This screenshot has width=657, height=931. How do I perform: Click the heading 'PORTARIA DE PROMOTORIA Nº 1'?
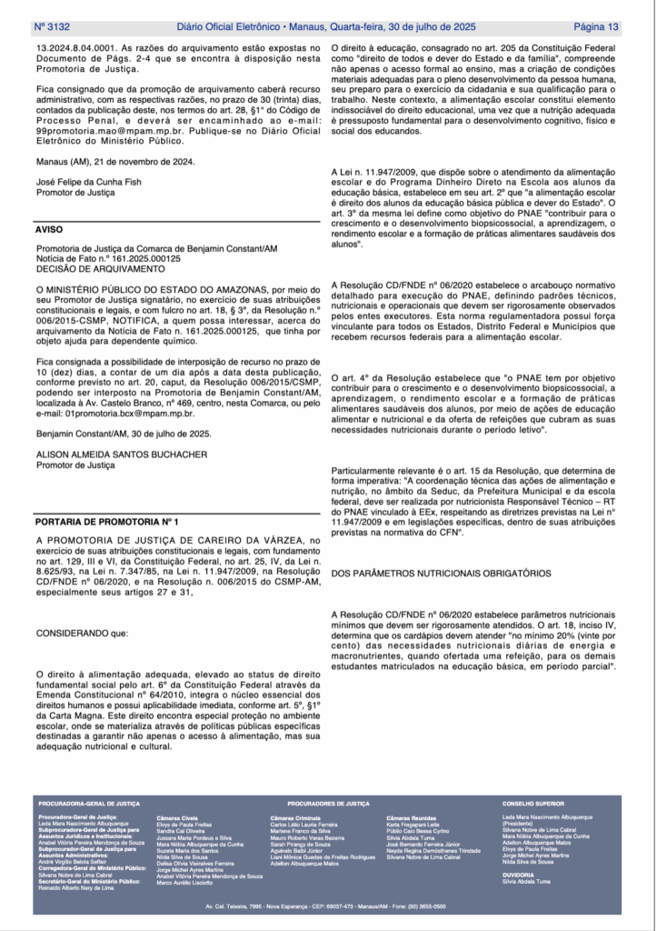coord(107,523)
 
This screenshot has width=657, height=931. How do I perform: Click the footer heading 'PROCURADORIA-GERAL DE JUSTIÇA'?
coord(89,805)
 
